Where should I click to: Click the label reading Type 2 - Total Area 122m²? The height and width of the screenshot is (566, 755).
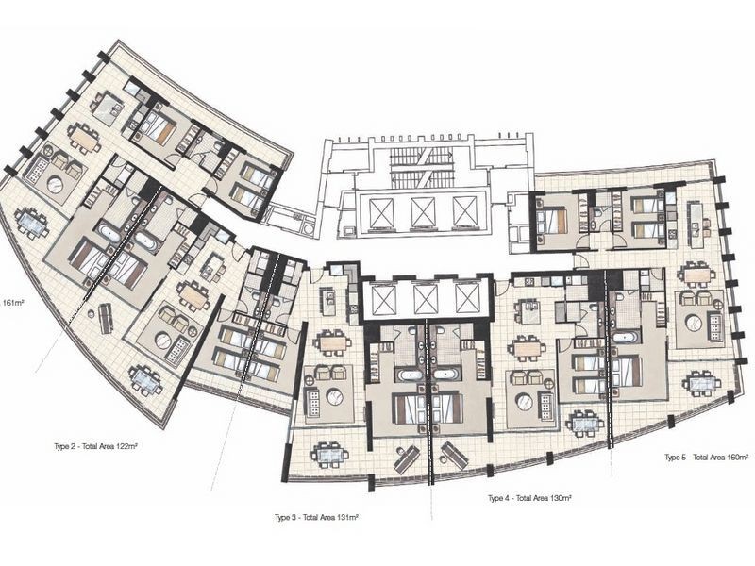96,446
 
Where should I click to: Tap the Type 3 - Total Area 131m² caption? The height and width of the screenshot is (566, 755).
316,518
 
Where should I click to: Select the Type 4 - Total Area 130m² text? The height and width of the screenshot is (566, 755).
529,498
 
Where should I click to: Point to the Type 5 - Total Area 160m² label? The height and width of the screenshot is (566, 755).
706,458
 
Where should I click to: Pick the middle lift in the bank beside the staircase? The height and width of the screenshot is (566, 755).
423,210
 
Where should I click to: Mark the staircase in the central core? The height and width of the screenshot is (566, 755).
422,168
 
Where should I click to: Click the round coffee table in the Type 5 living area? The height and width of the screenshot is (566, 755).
695,323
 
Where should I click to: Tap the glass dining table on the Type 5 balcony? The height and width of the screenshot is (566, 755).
702,383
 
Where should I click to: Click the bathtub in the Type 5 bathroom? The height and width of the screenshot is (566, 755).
626,337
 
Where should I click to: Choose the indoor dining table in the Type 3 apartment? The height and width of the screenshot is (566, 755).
332,342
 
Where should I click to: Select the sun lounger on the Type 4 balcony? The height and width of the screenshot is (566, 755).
455,456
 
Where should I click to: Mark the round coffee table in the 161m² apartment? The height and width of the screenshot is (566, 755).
56,183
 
